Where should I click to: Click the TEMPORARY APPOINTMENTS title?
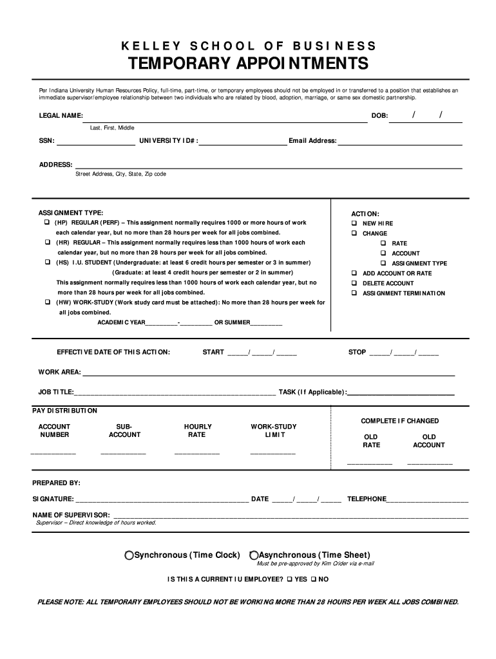[248, 64]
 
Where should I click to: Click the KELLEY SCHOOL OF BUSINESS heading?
[248, 46]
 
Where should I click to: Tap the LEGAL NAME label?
[61, 115]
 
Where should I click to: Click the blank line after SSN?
[96, 141]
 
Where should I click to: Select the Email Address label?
[312, 141]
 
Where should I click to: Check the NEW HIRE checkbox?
[354, 223]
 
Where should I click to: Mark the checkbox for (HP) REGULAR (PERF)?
[47, 223]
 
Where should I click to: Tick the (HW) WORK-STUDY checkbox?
[47, 302]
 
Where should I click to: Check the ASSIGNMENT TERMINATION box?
[354, 293]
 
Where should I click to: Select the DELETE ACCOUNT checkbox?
[354, 283]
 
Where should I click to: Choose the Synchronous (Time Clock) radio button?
[129, 555]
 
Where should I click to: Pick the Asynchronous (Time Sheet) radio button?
[254, 555]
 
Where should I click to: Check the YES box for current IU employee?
[289, 579]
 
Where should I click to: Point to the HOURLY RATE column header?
[197, 431]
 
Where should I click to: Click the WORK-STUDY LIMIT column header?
[273, 431]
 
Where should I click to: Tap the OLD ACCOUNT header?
[428, 441]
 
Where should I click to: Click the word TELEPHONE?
[367, 499]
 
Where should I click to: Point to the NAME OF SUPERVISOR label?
[71, 515]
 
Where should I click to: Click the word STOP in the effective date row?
[357, 352]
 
